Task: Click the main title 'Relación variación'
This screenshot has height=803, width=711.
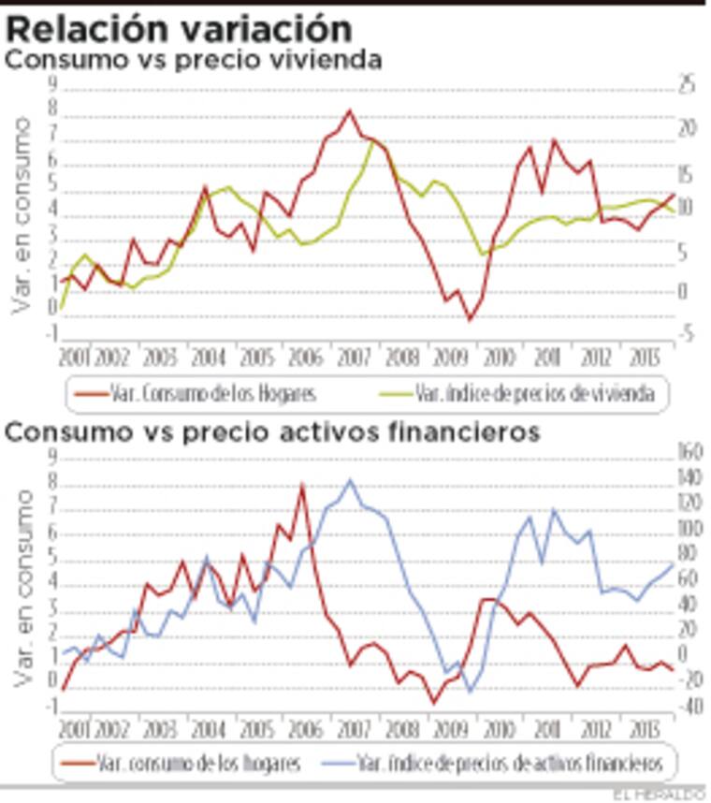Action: coord(180,27)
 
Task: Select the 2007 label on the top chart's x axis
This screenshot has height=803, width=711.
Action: coord(354,358)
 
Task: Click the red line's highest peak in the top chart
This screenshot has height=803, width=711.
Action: coord(350,110)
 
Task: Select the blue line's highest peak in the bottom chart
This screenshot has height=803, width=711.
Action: coord(351,480)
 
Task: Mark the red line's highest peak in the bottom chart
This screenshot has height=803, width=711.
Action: coord(302,485)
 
